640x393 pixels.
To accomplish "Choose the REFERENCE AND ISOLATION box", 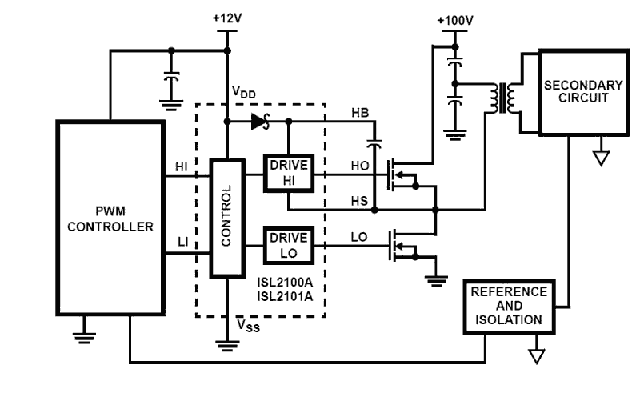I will point(508,306).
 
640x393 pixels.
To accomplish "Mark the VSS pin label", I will point(248,326).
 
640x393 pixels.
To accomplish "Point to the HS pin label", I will point(360,201).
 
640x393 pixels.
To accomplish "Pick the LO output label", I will point(360,238).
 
